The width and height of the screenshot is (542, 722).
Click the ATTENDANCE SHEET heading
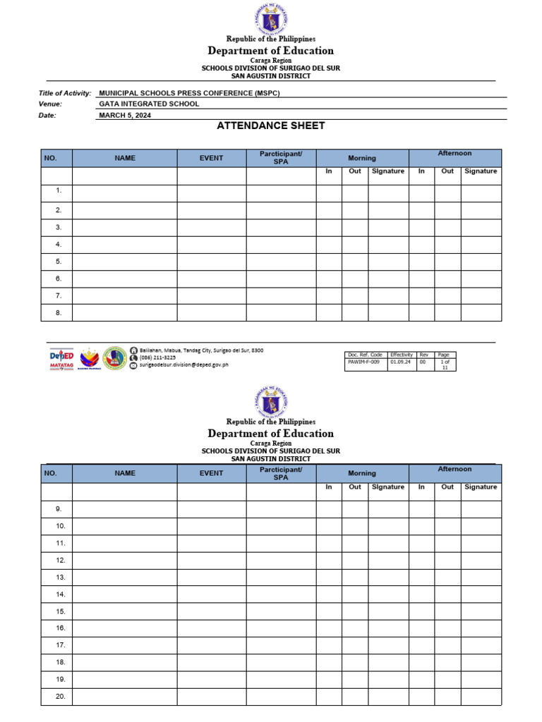pos(271,126)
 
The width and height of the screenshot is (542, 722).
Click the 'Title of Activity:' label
pos(65,93)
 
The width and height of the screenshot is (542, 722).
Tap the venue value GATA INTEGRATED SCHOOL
pos(149,104)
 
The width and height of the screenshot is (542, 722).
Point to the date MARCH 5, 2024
pos(125,115)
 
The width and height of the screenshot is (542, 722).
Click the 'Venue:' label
pos(50,104)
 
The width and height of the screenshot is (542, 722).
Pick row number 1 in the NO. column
pos(59,191)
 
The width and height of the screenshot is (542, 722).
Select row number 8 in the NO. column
pos(59,312)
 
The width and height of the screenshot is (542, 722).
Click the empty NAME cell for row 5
pos(124,262)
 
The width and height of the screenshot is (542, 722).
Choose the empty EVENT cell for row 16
pos(211,628)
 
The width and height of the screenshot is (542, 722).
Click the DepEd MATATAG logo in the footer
pos(61,358)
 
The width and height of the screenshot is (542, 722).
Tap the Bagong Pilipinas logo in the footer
pos(90,358)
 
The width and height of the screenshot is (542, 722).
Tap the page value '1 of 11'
pos(445,364)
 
